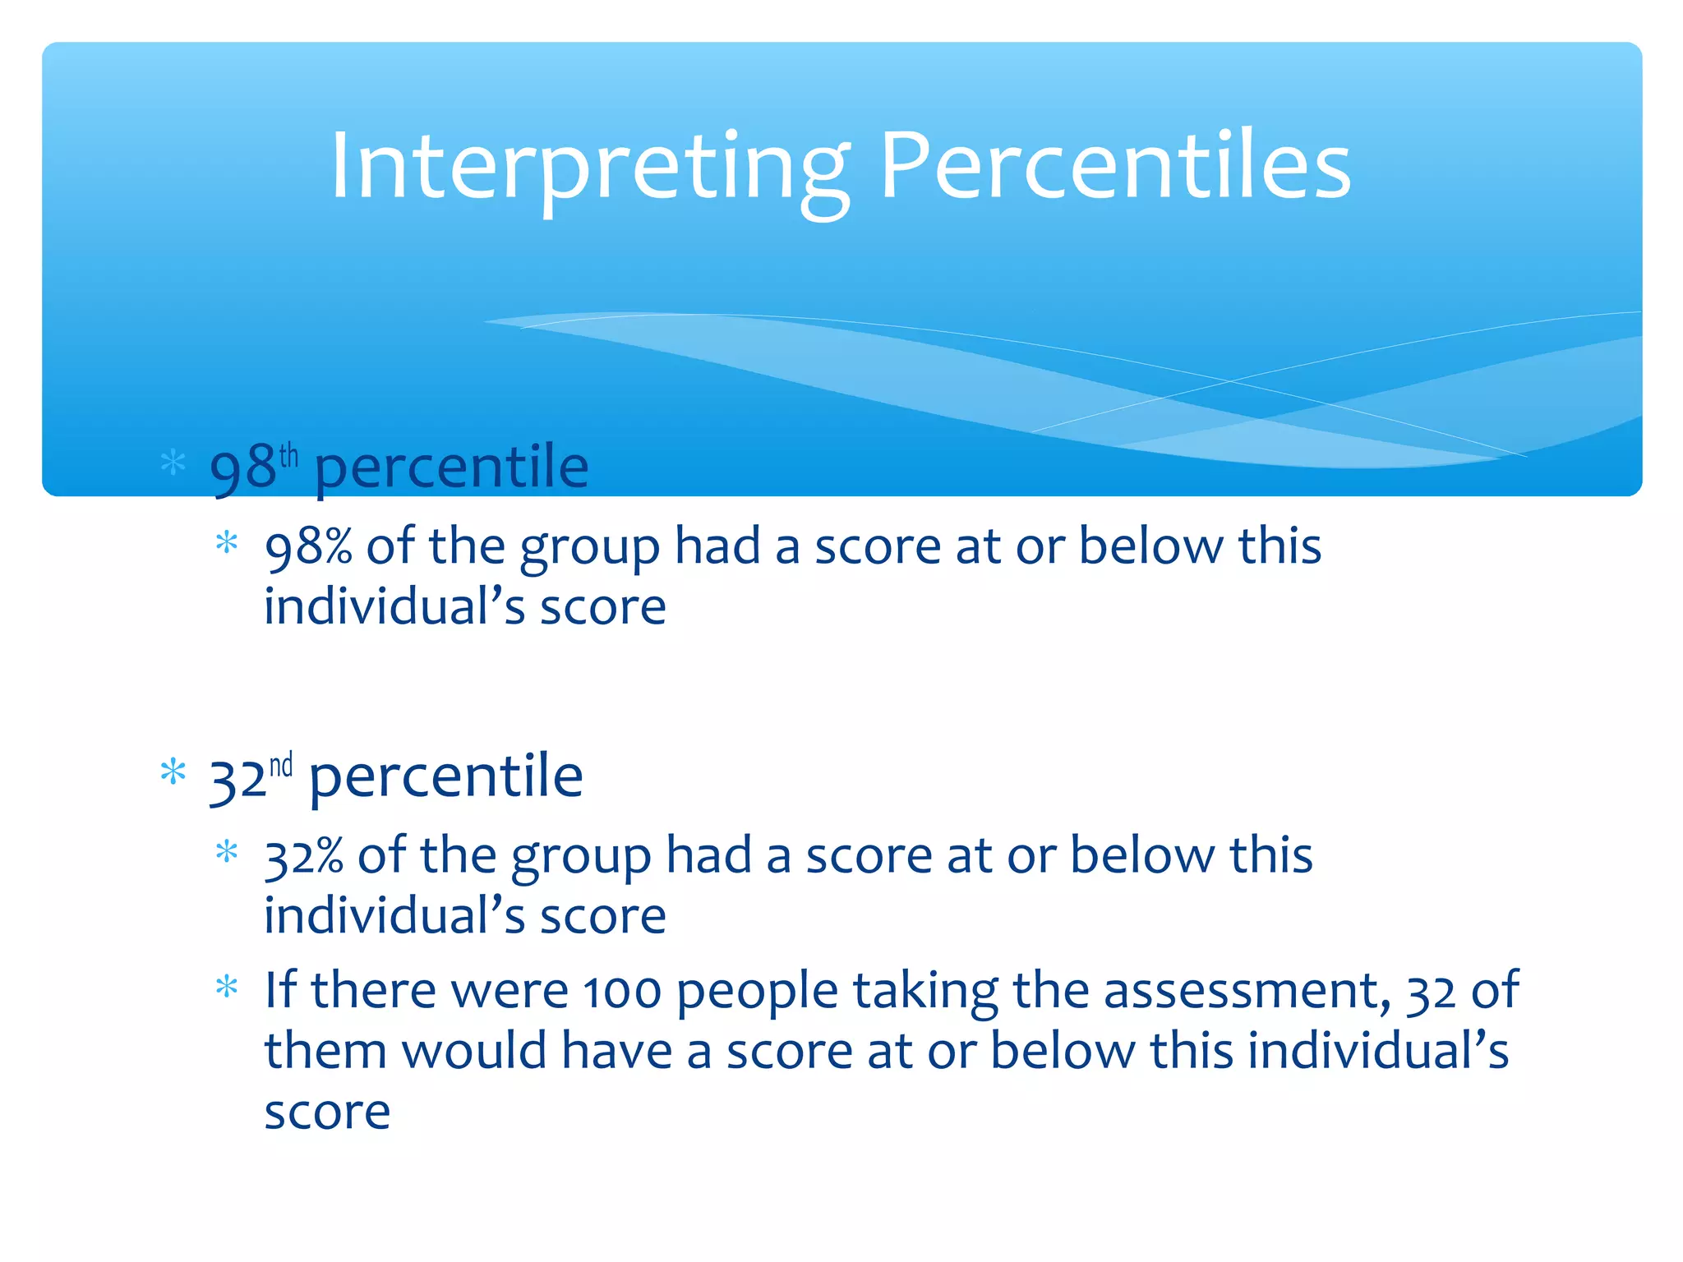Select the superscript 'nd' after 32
click(x=281, y=765)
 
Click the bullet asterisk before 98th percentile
click(x=173, y=462)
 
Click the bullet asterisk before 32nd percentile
click(x=173, y=772)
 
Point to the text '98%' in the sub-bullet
click(x=308, y=547)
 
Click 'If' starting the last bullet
click(x=279, y=990)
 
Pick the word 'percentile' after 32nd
click(x=445, y=777)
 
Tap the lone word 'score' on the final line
click(x=327, y=1112)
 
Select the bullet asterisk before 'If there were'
click(x=227, y=987)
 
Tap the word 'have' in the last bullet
click(x=616, y=1052)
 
